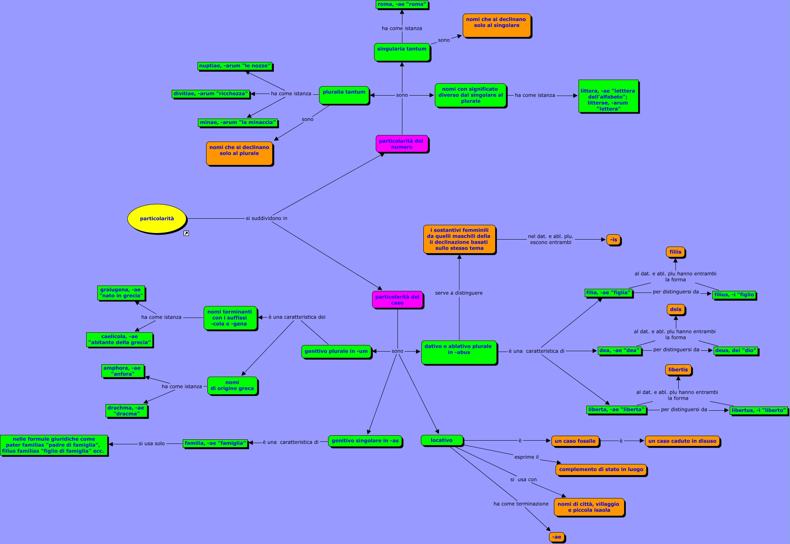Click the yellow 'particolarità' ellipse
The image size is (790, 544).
[157, 219]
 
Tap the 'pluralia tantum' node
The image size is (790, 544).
[344, 95]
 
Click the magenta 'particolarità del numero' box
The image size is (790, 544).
[402, 144]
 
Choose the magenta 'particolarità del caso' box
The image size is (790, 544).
[397, 300]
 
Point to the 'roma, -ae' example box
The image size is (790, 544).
[402, 5]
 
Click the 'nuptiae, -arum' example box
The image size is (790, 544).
[235, 66]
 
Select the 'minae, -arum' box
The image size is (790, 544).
[238, 122]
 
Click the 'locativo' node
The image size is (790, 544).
[442, 440]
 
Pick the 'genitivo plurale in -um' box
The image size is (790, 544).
[336, 351]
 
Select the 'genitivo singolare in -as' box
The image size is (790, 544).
[365, 441]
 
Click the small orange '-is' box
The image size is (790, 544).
[613, 240]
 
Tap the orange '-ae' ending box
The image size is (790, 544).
[557, 537]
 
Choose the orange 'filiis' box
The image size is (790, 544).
[675, 252]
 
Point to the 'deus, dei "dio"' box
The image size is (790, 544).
[735, 350]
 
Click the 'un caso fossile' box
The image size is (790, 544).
[575, 441]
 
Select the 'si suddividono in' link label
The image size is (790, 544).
[266, 218]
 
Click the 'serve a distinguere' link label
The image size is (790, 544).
[459, 293]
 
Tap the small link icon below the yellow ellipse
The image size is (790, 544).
[186, 233]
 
